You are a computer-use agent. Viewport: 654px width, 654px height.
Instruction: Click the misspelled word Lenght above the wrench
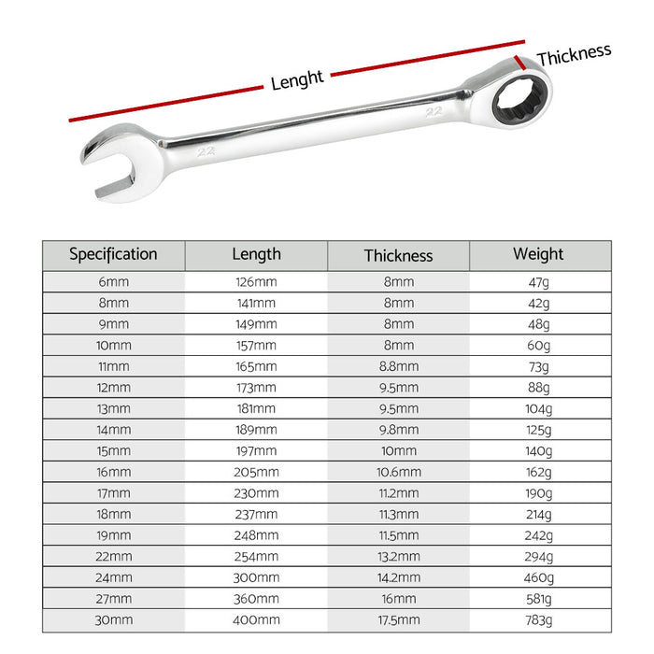(x=297, y=80)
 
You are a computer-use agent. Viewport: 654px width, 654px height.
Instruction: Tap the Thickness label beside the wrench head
(x=574, y=54)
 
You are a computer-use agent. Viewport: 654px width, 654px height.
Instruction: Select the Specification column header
(x=113, y=254)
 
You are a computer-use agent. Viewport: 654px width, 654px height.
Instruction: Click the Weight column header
(x=538, y=254)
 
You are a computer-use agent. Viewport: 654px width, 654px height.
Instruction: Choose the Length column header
(x=256, y=254)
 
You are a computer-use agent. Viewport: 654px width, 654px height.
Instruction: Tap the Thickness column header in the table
(x=398, y=255)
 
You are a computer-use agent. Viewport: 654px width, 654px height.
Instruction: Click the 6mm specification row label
(x=113, y=281)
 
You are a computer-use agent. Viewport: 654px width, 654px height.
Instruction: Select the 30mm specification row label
(x=113, y=619)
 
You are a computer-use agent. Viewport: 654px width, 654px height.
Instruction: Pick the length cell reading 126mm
(x=256, y=281)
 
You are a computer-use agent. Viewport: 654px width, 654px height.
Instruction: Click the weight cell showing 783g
(x=538, y=619)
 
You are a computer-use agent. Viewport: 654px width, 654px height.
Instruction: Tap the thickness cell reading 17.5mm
(x=398, y=619)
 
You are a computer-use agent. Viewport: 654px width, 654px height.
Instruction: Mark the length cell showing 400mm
(x=256, y=619)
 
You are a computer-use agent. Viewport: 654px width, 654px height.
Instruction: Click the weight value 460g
(x=538, y=577)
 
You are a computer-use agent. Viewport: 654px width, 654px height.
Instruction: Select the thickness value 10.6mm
(x=398, y=472)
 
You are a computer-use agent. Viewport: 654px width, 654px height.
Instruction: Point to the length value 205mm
(x=256, y=472)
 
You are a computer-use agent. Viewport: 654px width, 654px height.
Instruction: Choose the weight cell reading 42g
(x=538, y=303)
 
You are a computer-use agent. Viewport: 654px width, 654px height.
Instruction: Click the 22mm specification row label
(x=113, y=556)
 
